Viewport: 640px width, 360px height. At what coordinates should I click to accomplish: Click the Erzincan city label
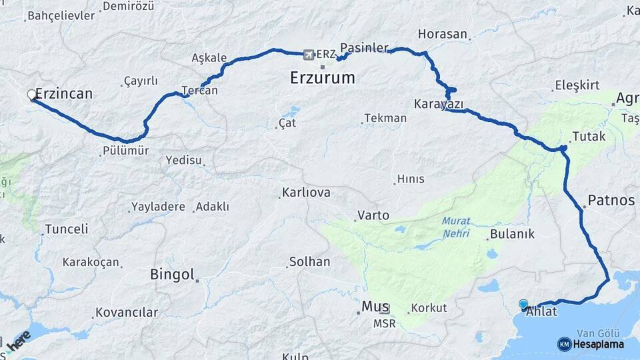tap(64, 94)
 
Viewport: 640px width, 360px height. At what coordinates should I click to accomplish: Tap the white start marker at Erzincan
tap(31, 95)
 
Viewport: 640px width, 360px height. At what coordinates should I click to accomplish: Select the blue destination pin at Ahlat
tap(523, 305)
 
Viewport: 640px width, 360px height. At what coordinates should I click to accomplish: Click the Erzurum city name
tap(323, 78)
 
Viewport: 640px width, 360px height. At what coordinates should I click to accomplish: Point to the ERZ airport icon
tap(308, 54)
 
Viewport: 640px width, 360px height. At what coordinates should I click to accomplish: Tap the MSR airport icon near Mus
tap(385, 309)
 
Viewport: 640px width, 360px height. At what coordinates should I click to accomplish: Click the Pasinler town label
tap(364, 48)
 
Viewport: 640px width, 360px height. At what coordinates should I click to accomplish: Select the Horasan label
tap(443, 34)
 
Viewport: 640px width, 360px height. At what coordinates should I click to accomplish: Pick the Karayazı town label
tap(439, 104)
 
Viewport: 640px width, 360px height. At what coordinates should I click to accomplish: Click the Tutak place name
tap(589, 137)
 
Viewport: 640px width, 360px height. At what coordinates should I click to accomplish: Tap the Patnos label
tap(611, 200)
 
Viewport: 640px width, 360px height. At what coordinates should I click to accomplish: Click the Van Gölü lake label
tap(598, 333)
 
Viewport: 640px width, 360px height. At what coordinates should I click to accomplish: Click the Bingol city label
tap(172, 274)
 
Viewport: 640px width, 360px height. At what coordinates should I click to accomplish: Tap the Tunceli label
tap(66, 229)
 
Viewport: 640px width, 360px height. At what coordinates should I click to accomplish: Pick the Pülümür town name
tap(126, 151)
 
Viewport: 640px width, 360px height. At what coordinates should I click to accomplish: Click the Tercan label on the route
tap(199, 91)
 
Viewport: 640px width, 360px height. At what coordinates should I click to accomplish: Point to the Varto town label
tap(373, 215)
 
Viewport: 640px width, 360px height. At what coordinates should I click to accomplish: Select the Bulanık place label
tap(512, 234)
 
